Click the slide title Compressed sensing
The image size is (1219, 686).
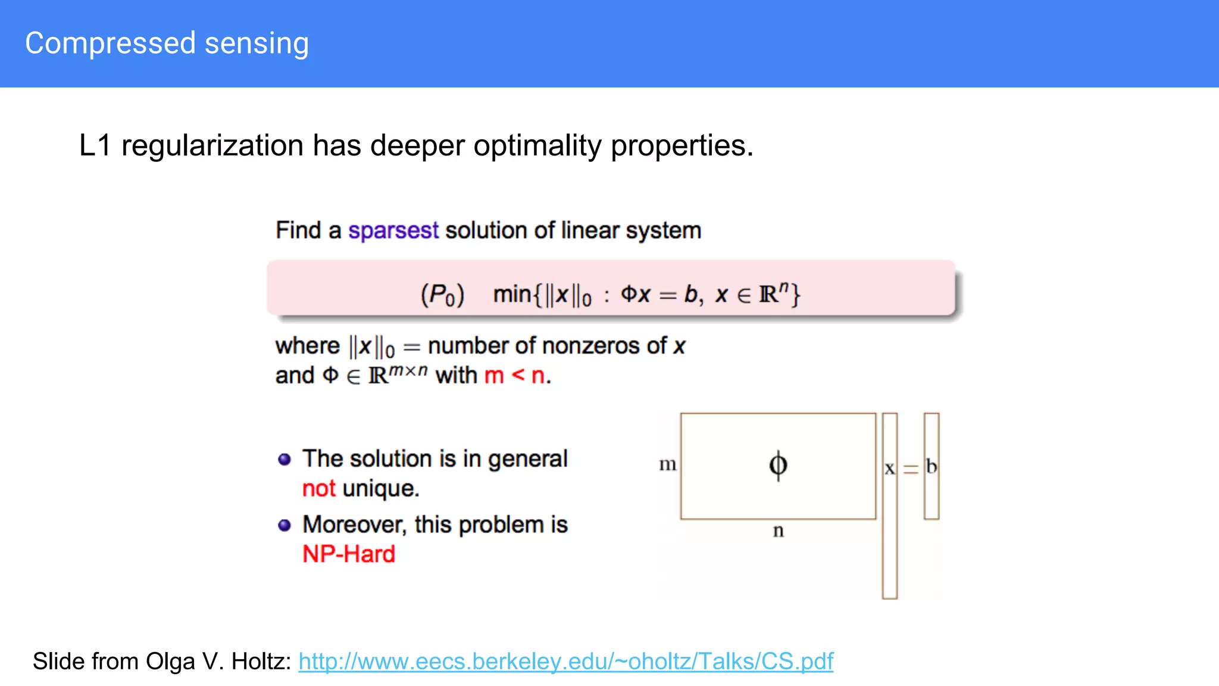pyautogui.click(x=167, y=43)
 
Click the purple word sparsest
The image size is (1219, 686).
pyautogui.click(x=393, y=230)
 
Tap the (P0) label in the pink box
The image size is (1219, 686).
pyautogui.click(x=442, y=295)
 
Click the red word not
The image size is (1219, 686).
pyautogui.click(x=318, y=488)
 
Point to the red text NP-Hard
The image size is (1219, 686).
pyautogui.click(x=349, y=554)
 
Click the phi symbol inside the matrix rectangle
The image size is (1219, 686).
pyautogui.click(x=778, y=465)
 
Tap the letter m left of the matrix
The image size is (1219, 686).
pyautogui.click(x=667, y=464)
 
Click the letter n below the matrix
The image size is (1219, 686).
pyautogui.click(x=778, y=531)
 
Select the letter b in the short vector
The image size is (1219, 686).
pyautogui.click(x=932, y=467)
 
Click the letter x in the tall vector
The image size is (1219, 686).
pyautogui.click(x=889, y=469)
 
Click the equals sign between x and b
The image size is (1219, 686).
pyautogui.click(x=911, y=469)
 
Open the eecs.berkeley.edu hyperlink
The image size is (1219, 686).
pyautogui.click(x=565, y=661)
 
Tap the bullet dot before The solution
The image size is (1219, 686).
pyautogui.click(x=285, y=459)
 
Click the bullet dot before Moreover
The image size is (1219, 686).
pyautogui.click(x=285, y=525)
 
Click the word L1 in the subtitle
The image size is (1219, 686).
pyautogui.click(x=95, y=145)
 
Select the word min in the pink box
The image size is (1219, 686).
pyautogui.click(x=512, y=294)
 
